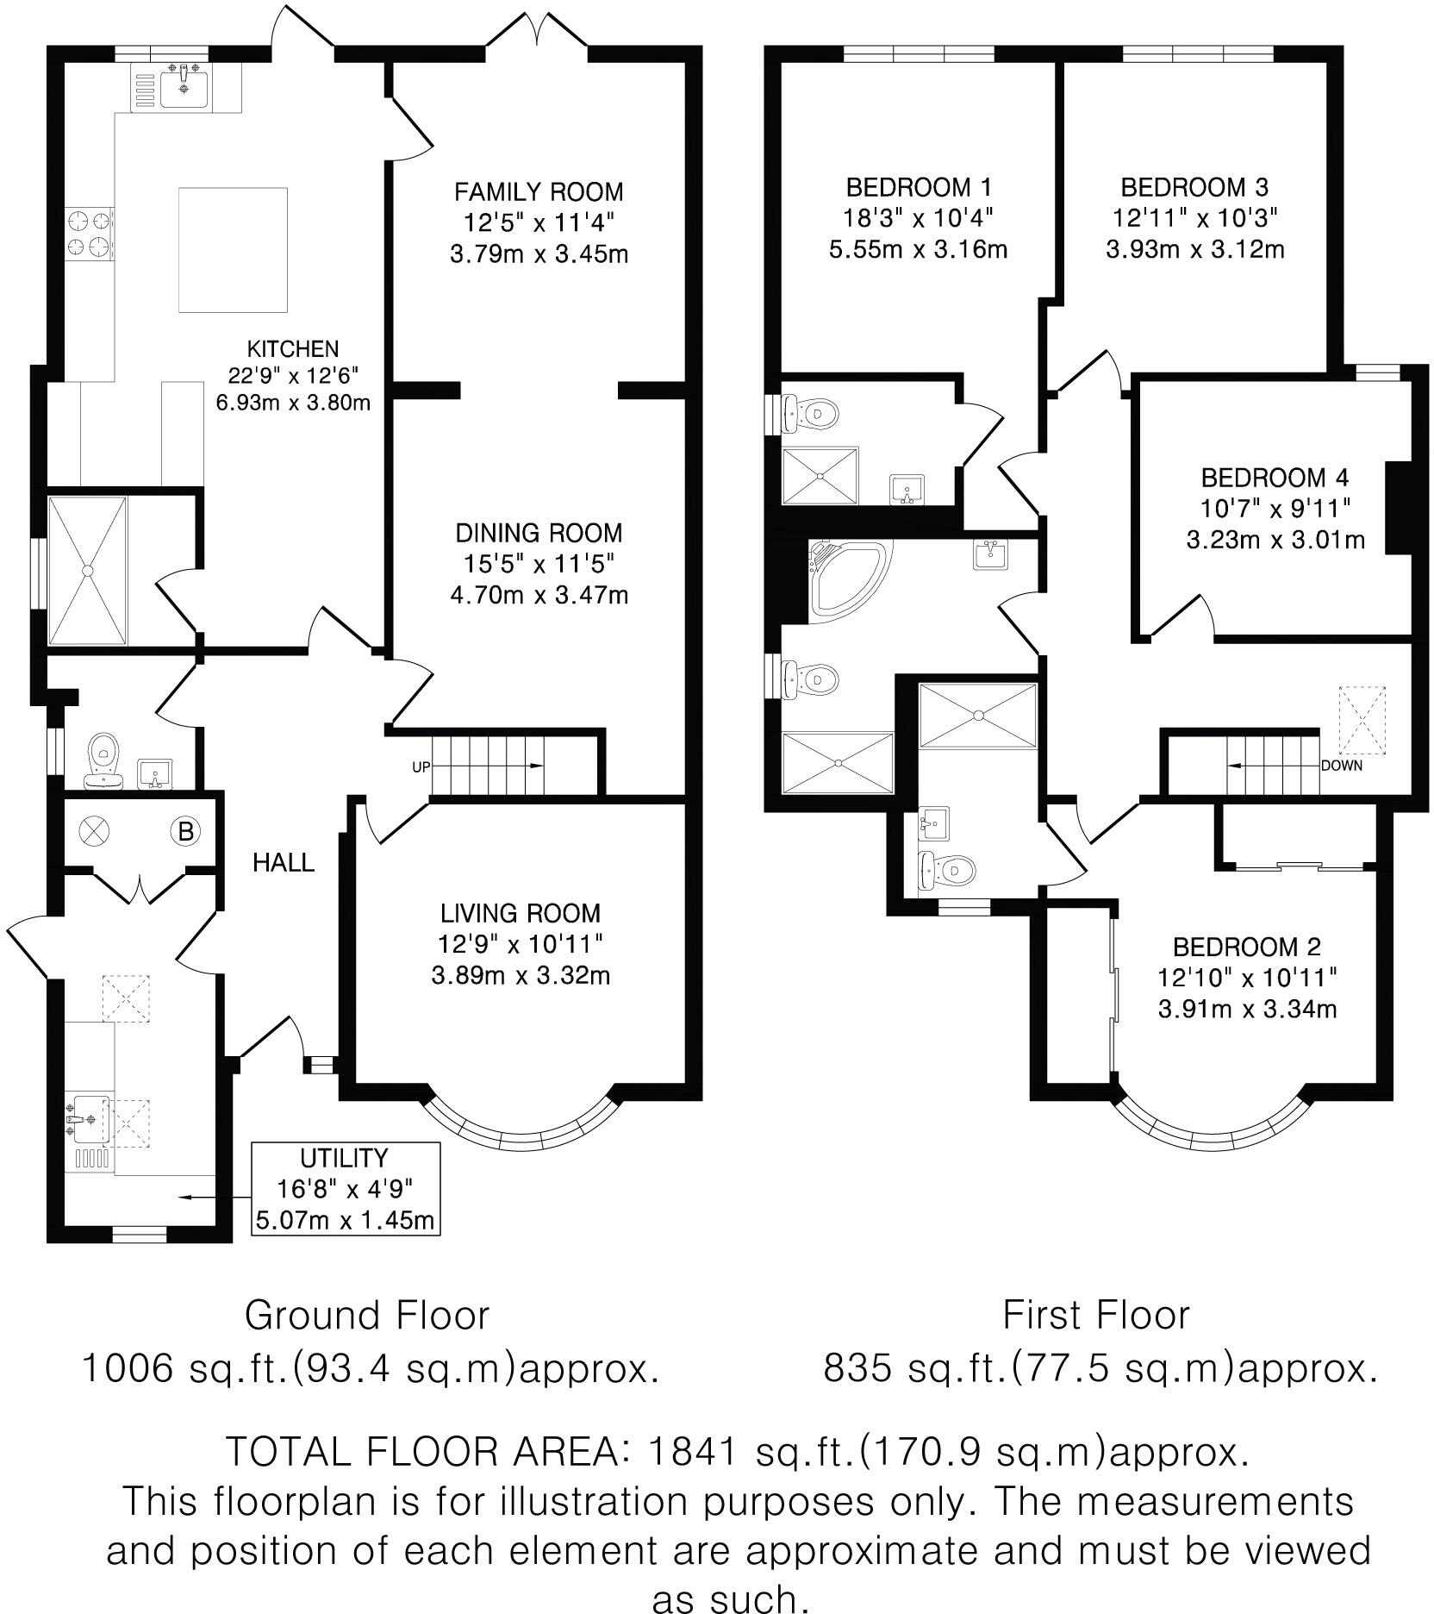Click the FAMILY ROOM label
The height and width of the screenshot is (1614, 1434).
tap(539, 191)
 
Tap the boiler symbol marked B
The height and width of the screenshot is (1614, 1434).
tap(184, 832)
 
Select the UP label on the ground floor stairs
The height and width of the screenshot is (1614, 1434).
tap(421, 766)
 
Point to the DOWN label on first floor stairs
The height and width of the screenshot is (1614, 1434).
tap(1341, 766)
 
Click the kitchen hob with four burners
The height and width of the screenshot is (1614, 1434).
tap(90, 234)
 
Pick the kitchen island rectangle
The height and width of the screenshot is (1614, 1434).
tap(233, 250)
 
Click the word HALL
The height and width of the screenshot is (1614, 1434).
tap(284, 862)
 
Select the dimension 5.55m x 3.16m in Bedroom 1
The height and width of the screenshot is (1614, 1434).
tap(918, 250)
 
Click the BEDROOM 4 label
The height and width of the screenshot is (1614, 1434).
tap(1275, 477)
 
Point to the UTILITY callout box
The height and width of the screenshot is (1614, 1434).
tap(345, 1189)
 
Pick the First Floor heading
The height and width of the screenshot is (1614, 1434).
tap(1095, 1315)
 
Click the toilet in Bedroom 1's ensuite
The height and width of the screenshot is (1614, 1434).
tap(814, 413)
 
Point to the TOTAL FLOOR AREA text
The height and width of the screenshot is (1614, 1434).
tap(422, 1453)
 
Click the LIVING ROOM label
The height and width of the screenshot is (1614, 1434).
tap(521, 912)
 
